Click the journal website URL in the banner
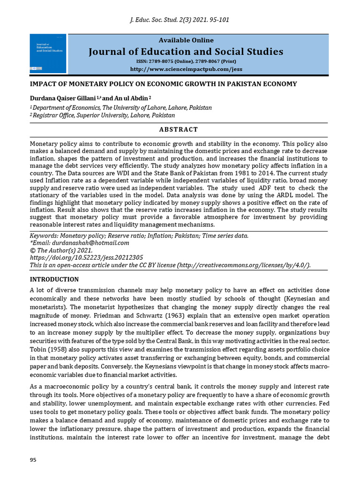point(186,69)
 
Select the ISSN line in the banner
point(186,61)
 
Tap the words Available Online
point(186,40)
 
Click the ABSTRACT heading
point(179,129)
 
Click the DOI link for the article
point(86,257)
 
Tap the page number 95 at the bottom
point(33,460)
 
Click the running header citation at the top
point(180,20)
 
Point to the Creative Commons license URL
point(243,265)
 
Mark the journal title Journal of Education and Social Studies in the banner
point(186,52)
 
